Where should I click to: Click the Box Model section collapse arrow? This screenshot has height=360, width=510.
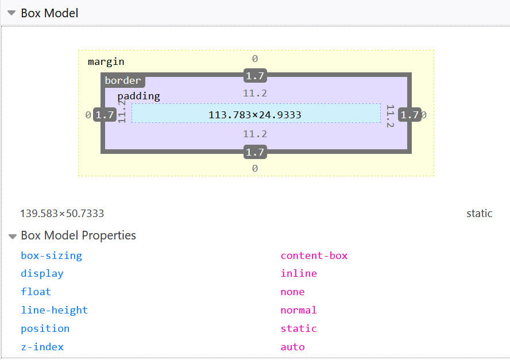11,13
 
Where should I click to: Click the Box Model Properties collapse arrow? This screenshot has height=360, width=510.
12,236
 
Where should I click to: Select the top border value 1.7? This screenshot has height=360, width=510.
255,76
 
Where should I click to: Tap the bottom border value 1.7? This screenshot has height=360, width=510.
255,152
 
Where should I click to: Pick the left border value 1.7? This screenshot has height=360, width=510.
105,115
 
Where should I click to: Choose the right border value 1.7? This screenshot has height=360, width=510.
409,115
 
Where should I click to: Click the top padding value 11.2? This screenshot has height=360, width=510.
255,93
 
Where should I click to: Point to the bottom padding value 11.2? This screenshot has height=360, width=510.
255,134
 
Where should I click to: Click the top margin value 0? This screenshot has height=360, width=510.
255,59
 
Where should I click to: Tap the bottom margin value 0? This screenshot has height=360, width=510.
255,168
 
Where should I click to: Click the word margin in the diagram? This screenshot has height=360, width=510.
106,61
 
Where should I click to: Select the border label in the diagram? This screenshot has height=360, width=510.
122,80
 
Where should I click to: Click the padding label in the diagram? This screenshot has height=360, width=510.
138,96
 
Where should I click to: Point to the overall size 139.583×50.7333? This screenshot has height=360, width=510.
62,214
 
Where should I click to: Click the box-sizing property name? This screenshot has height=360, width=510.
51,256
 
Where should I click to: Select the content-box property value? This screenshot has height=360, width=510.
314,256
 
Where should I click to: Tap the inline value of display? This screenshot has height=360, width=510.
299,273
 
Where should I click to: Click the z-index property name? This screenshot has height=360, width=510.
42,347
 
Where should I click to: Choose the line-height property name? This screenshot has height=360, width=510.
54,310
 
